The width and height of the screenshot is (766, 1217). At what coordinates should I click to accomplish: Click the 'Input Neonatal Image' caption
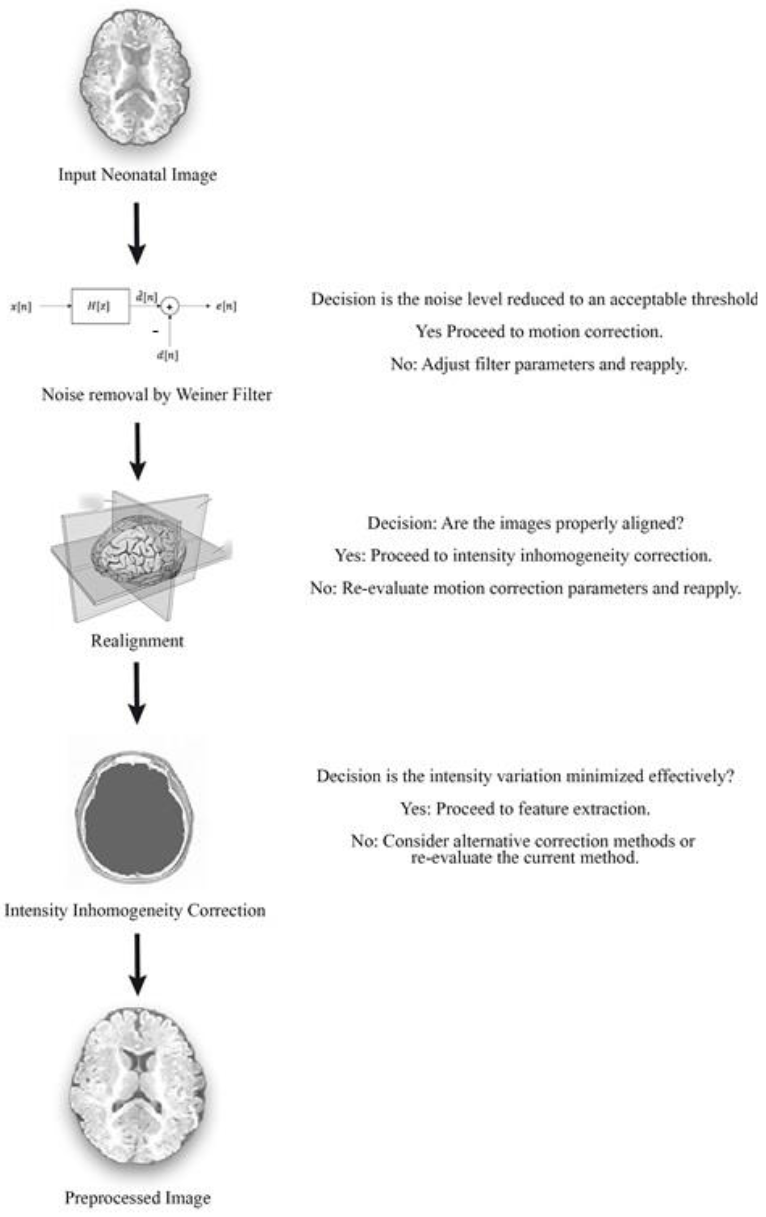[138, 175]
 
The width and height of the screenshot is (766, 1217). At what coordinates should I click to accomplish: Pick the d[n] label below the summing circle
[167, 355]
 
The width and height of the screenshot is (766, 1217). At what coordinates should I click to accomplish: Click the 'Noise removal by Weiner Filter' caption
[157, 394]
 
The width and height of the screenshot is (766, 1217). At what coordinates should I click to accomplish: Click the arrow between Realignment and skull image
[137, 692]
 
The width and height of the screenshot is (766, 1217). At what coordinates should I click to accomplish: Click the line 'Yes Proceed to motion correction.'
[539, 332]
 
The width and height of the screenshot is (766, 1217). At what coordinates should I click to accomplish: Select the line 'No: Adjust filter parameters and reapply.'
[539, 364]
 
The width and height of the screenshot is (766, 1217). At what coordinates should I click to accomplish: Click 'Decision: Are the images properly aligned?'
[525, 523]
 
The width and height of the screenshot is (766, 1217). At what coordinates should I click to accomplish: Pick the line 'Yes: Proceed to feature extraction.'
[525, 809]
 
